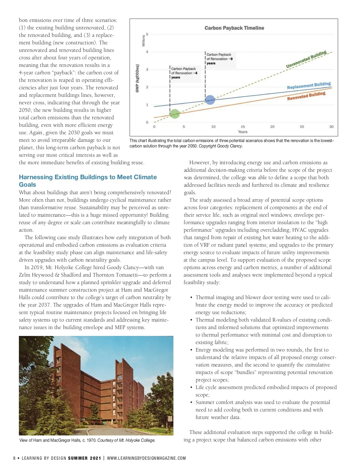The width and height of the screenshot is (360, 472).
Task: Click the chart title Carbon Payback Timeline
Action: (234, 28)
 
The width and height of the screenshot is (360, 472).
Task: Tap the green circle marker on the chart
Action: (175, 114)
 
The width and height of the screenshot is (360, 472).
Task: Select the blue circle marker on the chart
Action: (210, 99)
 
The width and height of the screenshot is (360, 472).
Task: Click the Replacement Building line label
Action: (309, 85)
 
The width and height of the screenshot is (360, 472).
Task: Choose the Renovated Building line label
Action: (306, 96)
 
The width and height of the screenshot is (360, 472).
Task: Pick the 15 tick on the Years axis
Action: (243, 127)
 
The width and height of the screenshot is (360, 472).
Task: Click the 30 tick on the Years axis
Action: (331, 127)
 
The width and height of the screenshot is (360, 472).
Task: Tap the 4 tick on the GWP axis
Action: (147, 52)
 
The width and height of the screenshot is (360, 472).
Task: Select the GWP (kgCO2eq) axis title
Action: (137, 78)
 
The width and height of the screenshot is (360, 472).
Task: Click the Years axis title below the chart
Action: (243, 132)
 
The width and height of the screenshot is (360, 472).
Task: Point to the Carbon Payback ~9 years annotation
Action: (219, 59)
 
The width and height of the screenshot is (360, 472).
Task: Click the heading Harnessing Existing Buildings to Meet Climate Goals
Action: (88, 181)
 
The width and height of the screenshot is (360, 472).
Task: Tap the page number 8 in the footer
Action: (14, 458)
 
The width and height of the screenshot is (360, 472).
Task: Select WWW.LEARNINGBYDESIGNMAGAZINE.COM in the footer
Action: (146, 458)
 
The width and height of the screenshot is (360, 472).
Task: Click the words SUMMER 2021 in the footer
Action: (85, 458)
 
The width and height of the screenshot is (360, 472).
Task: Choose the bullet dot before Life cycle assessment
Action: (191, 387)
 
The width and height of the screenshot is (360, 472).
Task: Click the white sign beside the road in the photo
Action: (170, 419)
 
